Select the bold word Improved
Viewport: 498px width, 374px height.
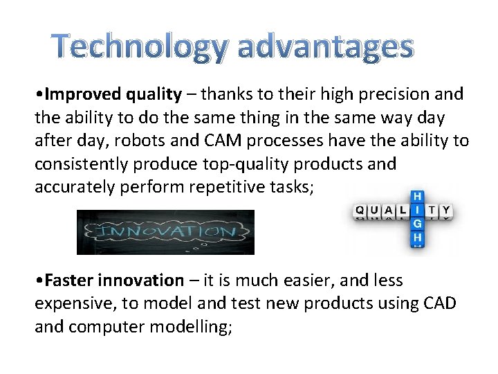click(x=76, y=93)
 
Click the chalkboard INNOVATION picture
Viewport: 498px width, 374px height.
click(x=165, y=232)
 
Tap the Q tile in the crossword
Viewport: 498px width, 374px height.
click(x=360, y=210)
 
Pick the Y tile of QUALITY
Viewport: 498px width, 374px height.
click(x=446, y=210)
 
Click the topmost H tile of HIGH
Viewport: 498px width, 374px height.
click(x=417, y=196)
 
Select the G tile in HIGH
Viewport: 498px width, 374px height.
click(x=417, y=224)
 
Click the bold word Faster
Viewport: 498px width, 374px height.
click(x=67, y=280)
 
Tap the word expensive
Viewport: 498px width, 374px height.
click(x=68, y=303)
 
